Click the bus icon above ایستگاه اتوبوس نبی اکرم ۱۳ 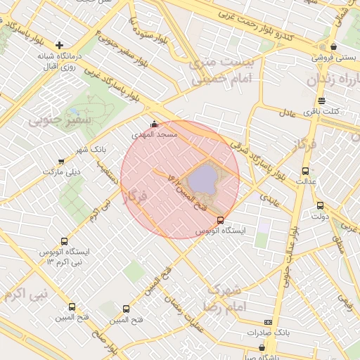coord(65,241)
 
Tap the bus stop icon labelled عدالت coord(305,171)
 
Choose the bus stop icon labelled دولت coord(321,205)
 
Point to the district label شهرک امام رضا coord(224,298)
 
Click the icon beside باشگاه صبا coord(262,347)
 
